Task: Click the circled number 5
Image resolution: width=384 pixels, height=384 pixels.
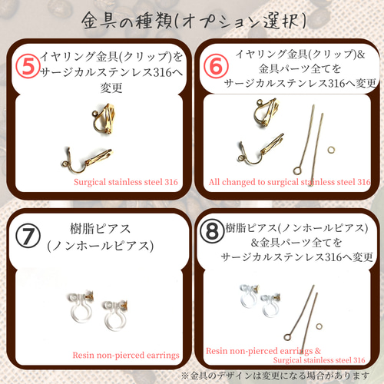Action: click(x=28, y=65)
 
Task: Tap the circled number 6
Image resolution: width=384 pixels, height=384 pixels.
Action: click(x=216, y=65)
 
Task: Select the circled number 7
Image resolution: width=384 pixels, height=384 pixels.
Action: click(x=28, y=237)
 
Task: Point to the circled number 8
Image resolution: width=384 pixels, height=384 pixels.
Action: click(x=212, y=231)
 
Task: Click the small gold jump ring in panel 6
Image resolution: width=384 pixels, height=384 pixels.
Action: click(x=331, y=150)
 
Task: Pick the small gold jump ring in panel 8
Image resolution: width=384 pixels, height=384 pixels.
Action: click(x=319, y=326)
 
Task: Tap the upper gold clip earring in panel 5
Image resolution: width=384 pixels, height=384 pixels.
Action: click(x=104, y=118)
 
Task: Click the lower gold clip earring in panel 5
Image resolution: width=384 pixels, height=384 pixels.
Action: click(x=87, y=160)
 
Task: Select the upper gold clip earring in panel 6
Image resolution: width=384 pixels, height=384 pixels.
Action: click(x=266, y=113)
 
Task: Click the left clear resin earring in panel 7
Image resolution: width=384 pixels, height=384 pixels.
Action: click(x=81, y=307)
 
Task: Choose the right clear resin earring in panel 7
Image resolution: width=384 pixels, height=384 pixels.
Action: click(x=116, y=316)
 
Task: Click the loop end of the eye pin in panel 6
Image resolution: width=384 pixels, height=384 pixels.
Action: click(x=297, y=170)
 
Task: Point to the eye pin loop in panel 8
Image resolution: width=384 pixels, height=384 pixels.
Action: click(x=288, y=336)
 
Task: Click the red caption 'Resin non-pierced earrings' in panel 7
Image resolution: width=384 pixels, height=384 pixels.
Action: click(x=126, y=356)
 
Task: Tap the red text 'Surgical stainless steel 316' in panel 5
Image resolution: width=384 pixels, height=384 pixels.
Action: click(x=126, y=182)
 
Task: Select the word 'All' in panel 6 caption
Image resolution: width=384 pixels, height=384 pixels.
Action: click(x=214, y=182)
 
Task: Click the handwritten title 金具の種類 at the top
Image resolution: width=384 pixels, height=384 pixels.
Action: click(x=127, y=21)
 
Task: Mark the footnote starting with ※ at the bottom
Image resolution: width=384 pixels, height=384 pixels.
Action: click(x=276, y=376)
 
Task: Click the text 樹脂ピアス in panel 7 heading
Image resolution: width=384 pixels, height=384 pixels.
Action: click(x=100, y=229)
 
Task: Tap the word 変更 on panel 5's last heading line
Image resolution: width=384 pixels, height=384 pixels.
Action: click(x=111, y=88)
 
